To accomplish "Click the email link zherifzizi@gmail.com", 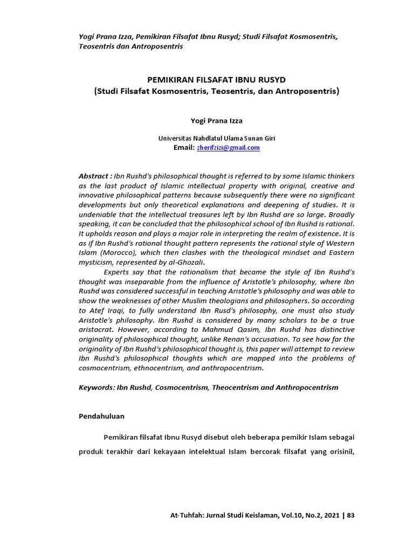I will pyautogui.click(x=227, y=148).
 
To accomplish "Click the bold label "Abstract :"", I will pyautogui.click(x=95, y=176).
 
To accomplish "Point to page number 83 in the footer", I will pyautogui.click(x=351, y=515).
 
